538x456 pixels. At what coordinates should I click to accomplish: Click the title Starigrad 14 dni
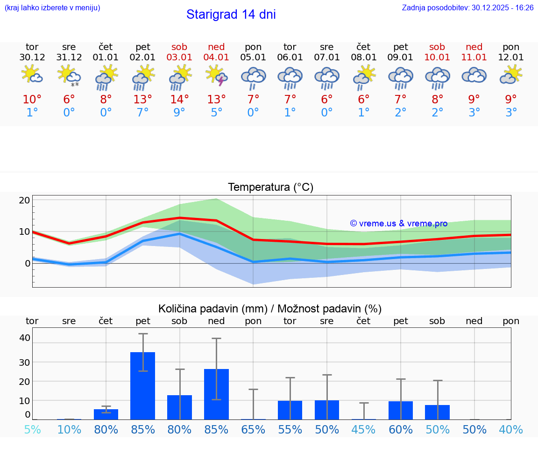click(x=231, y=14)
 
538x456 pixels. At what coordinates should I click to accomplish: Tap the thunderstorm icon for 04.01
click(x=216, y=76)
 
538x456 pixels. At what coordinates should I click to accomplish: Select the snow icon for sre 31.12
click(x=69, y=76)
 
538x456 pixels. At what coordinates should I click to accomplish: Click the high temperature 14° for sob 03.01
click(x=179, y=100)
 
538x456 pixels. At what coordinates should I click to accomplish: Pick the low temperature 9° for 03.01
click(x=179, y=113)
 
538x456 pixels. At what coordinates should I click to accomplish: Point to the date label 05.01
click(x=253, y=58)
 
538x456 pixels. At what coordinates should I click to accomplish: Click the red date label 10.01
click(x=437, y=58)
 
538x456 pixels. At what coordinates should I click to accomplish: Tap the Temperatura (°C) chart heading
click(x=270, y=188)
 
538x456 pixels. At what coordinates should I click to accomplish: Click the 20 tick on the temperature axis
click(x=24, y=200)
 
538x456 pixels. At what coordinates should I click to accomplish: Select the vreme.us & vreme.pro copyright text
click(x=399, y=224)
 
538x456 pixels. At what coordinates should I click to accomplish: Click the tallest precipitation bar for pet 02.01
click(x=142, y=385)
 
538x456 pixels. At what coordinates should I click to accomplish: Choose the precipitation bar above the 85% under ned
click(x=216, y=394)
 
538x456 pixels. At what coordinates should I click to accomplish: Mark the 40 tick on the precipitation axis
click(x=24, y=338)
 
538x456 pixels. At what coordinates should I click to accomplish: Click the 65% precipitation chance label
click(x=253, y=430)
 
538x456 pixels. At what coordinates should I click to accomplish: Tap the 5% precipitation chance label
click(x=32, y=430)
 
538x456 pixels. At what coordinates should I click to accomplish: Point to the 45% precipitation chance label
click(x=363, y=430)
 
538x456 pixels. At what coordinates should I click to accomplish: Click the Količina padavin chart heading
click(x=270, y=309)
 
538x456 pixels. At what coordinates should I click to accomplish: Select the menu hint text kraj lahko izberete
click(x=52, y=8)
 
